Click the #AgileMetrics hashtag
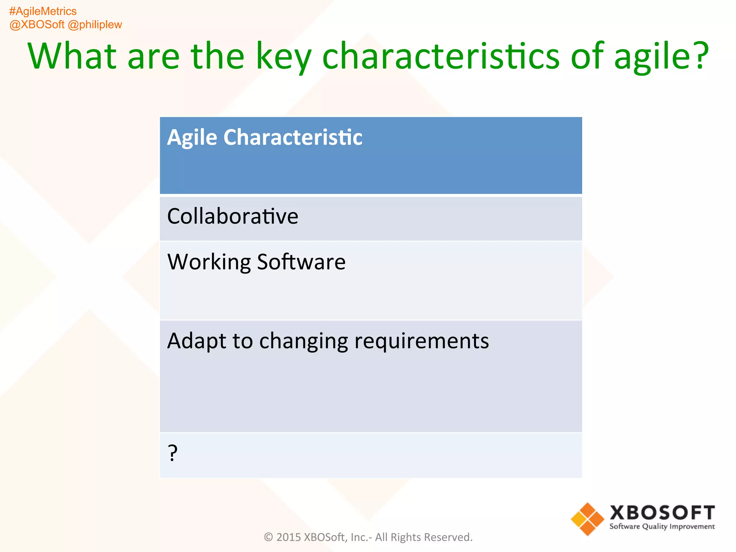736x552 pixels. click(x=43, y=11)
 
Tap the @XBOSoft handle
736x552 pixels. click(x=37, y=25)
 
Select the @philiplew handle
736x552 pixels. click(x=95, y=25)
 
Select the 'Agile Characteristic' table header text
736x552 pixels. click(x=264, y=138)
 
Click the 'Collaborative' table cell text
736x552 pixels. click(x=233, y=216)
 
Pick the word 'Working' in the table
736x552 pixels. click(x=209, y=262)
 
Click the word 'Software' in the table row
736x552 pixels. click(x=301, y=262)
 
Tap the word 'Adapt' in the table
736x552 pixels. click(x=197, y=341)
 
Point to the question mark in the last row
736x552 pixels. click(x=173, y=453)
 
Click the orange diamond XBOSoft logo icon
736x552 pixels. click(x=587, y=519)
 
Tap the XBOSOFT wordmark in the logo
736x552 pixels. click(x=662, y=512)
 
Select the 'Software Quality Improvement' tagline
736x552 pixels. click(x=662, y=526)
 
